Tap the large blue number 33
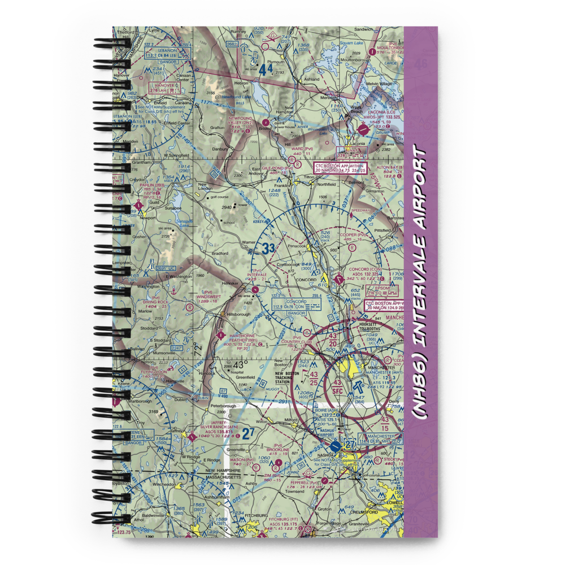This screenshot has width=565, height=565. (268, 247)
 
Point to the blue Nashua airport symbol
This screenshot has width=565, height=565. (336, 446)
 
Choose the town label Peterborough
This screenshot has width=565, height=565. (220, 406)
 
